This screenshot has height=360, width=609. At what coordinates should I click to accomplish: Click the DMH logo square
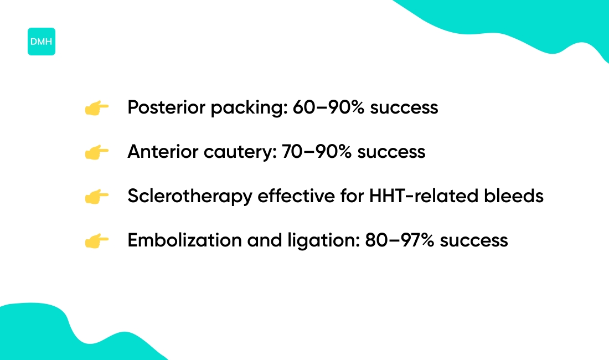[x=41, y=42]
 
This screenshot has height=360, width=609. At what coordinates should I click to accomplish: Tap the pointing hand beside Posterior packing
[x=97, y=108]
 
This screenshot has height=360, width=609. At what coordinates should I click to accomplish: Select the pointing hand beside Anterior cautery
[x=97, y=152]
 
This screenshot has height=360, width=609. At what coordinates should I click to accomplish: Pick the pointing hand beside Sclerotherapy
[x=97, y=197]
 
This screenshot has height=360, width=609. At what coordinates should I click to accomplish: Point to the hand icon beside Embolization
[x=97, y=241]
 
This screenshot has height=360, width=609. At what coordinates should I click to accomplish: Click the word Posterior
[x=166, y=107]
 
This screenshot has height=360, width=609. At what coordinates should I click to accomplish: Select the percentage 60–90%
[x=328, y=107]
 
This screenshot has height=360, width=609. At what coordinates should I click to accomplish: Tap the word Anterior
[x=163, y=151]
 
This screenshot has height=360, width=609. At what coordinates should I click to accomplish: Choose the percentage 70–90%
[x=317, y=151]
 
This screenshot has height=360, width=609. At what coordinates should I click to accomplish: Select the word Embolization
[x=184, y=240]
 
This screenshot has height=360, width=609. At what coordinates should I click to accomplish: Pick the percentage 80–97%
[x=399, y=240]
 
